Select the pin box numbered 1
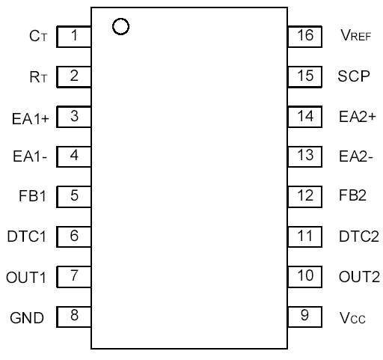click(74, 35)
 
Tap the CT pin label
click(37, 36)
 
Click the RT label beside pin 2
click(37, 76)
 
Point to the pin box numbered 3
click(74, 116)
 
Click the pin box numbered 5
click(74, 196)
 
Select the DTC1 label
click(27, 237)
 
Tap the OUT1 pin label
click(28, 277)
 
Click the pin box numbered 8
click(74, 316)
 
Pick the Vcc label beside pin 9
click(351, 317)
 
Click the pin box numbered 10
click(304, 275)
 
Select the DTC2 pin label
click(358, 237)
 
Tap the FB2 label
click(352, 197)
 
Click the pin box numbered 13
click(304, 156)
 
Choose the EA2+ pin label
click(356, 116)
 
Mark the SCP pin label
click(353, 76)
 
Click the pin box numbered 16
click(304, 35)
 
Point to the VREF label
click(355, 36)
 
